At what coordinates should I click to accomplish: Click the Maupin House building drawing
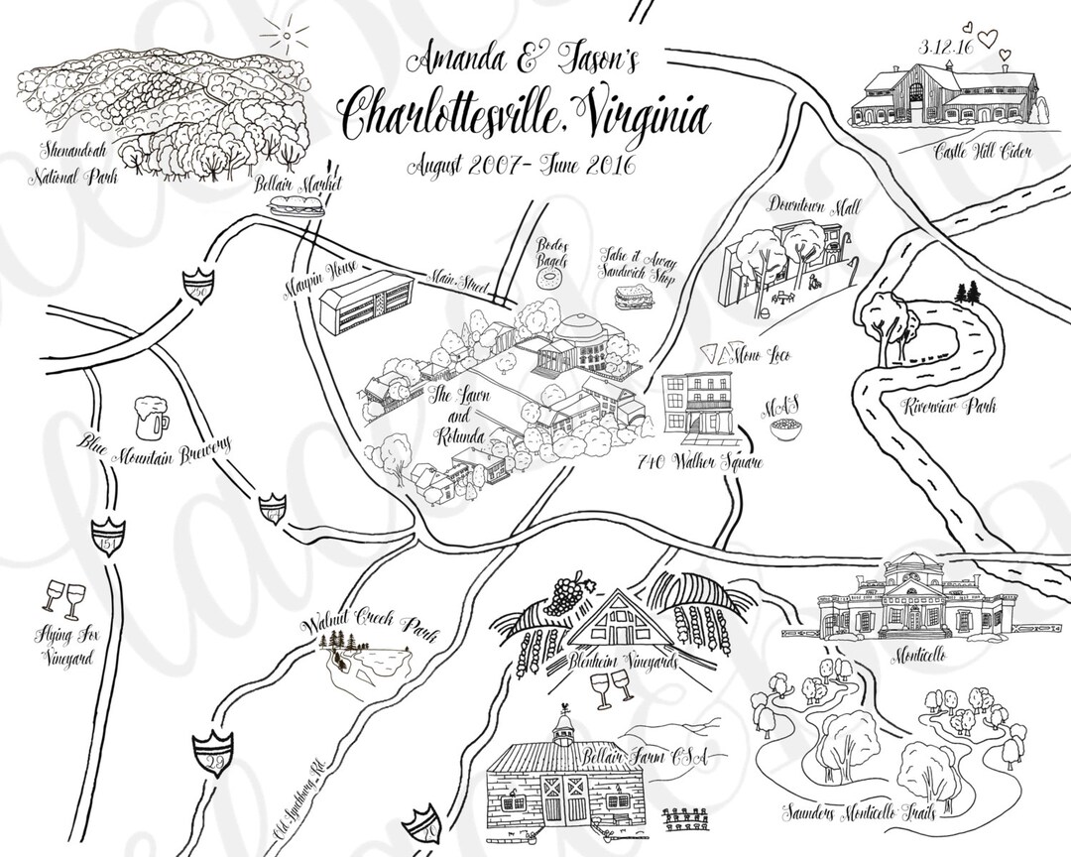point(367,300)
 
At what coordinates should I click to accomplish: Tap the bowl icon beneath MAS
point(788,430)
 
